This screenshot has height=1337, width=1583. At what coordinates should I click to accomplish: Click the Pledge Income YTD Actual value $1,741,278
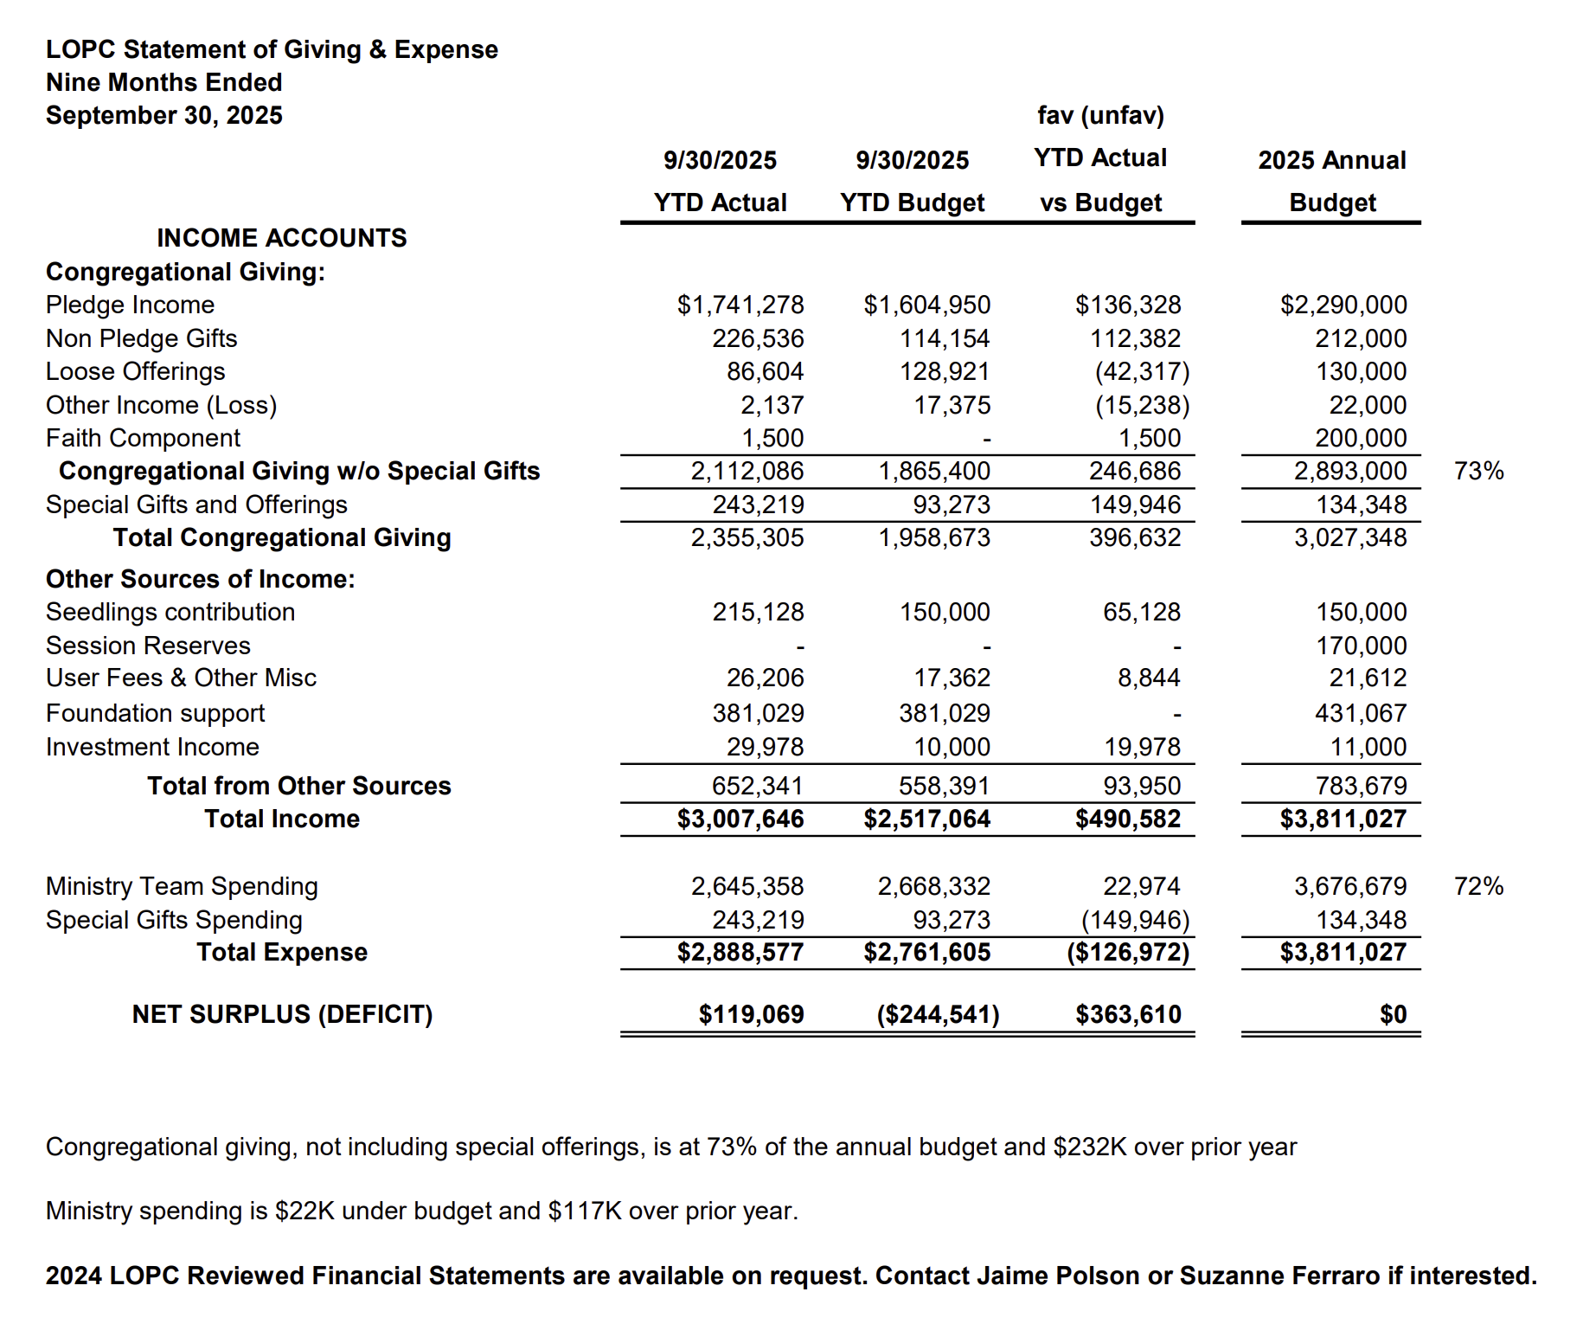[740, 305]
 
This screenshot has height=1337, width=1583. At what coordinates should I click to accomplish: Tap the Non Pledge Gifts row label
[141, 338]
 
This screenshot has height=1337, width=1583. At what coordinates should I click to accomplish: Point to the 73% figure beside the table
[1478, 471]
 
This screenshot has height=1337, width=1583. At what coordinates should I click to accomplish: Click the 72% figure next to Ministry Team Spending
[1478, 886]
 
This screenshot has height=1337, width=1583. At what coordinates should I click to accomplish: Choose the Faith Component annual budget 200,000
[1361, 438]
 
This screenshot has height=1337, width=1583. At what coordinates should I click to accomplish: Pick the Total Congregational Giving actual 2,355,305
[747, 537]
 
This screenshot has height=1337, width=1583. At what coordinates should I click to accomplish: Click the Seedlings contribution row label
[170, 612]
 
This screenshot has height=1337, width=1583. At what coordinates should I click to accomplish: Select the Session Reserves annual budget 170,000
[1361, 646]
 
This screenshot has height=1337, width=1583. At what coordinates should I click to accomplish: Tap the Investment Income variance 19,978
[1142, 747]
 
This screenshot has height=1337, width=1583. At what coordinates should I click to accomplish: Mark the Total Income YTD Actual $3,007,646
[740, 819]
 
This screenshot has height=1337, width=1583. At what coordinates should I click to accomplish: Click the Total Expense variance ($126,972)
[1127, 952]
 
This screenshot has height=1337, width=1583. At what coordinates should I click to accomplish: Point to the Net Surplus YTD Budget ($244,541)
[938, 1014]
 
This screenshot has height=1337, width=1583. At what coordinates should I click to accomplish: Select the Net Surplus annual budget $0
[1393, 1014]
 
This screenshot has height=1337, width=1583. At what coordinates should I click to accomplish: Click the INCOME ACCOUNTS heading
[281, 238]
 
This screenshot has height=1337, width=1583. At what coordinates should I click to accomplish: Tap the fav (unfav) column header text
[1100, 115]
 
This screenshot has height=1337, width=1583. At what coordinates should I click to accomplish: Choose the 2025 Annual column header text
[1331, 160]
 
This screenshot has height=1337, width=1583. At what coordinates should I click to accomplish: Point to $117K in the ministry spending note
[585, 1211]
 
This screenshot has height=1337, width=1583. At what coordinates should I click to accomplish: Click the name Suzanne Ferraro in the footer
[1279, 1276]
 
